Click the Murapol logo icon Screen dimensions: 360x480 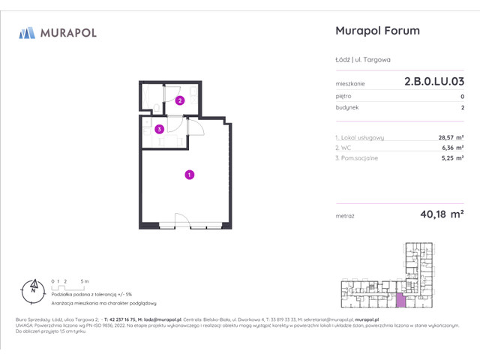pyautogui.click(x=28, y=32)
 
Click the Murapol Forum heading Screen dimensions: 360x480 pyautogui.click(x=376, y=31)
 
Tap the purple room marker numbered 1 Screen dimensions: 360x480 pyautogui.click(x=190, y=175)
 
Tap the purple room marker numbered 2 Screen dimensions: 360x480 pyautogui.click(x=180, y=100)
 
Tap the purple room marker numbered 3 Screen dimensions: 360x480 pyautogui.click(x=159, y=129)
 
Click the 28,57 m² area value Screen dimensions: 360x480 pyautogui.click(x=450, y=137)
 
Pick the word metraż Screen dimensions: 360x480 pyautogui.click(x=346, y=215)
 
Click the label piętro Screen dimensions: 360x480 pyautogui.click(x=343, y=96)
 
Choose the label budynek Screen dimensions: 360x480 pyautogui.click(x=346, y=107)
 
